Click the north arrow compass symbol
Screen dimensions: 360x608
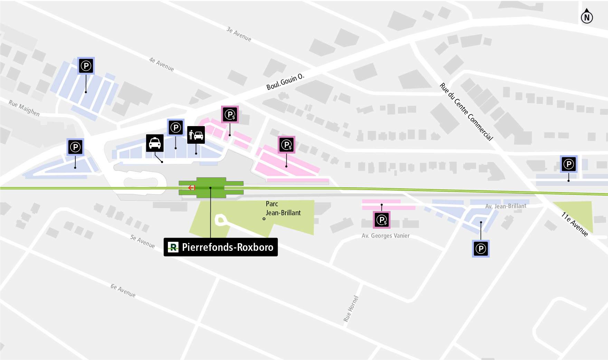pos(587,16)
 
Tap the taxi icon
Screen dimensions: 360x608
pos(155,143)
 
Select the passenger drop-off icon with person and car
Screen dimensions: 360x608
pos(196,135)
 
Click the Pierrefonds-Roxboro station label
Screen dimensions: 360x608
pos(221,247)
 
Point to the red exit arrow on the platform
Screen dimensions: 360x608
pos(192,188)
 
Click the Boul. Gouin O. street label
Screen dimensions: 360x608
pos(285,82)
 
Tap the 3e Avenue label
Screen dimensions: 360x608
pos(239,34)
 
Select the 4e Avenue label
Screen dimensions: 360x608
pos(161,64)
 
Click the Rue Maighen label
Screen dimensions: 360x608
pos(24,108)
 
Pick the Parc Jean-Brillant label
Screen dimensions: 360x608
pos(283,208)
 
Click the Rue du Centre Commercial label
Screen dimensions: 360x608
pos(466,111)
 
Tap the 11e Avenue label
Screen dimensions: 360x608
pos(574,224)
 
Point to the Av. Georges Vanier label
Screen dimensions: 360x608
pos(386,236)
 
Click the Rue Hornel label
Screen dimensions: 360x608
pos(351,309)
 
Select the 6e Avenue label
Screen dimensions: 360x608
pos(123,291)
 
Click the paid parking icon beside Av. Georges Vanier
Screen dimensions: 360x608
pos(382,220)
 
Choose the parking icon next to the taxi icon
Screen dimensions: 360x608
pos(176,127)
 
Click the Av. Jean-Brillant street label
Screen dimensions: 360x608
pos(506,206)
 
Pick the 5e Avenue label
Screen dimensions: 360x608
pos(142,241)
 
